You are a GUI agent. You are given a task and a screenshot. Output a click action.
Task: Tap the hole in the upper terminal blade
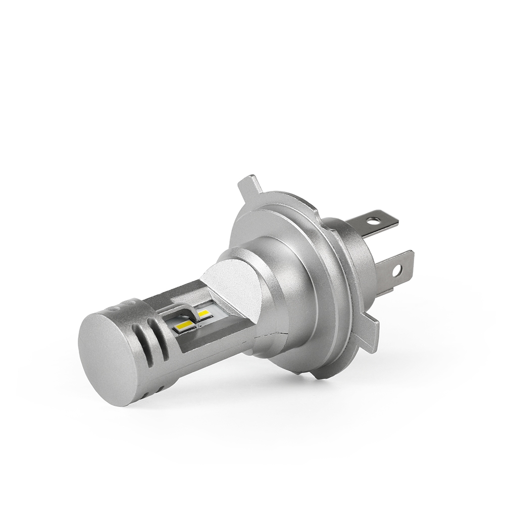coord(373,221)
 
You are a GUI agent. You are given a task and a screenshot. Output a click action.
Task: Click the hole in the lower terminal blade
coord(397,271)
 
